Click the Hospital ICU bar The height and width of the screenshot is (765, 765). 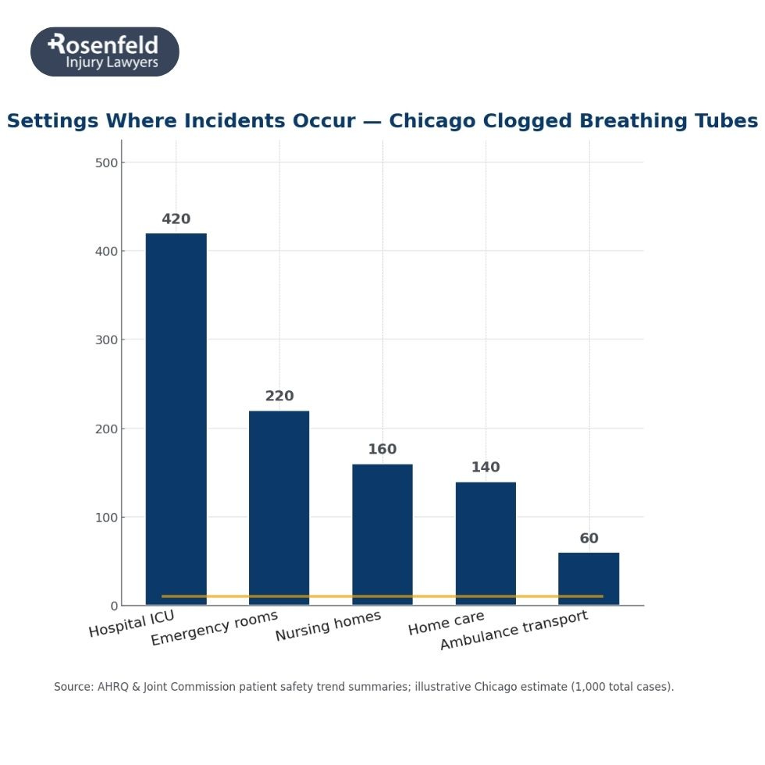176,414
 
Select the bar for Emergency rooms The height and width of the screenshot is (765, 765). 279,503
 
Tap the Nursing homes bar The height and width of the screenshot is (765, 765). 382,531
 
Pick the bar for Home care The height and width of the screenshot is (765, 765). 486,539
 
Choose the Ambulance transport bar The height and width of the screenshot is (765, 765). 589,574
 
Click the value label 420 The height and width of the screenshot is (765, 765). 176,219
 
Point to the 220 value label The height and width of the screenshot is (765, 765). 279,397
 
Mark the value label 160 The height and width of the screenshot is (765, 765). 382,450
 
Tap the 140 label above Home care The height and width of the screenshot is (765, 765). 485,468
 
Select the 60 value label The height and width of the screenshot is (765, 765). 589,539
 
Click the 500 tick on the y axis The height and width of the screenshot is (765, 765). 106,163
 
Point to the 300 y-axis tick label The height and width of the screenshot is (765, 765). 106,340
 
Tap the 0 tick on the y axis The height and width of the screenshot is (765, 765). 114,606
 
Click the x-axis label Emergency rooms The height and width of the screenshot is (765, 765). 214,628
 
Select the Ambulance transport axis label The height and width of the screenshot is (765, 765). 513,631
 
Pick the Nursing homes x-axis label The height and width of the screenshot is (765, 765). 328,626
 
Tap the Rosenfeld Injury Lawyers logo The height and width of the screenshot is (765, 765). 105,52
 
